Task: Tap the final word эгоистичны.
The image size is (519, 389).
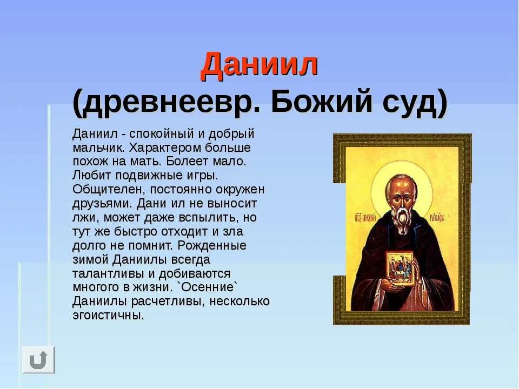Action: [108, 316]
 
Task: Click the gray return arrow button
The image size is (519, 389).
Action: [38, 359]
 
